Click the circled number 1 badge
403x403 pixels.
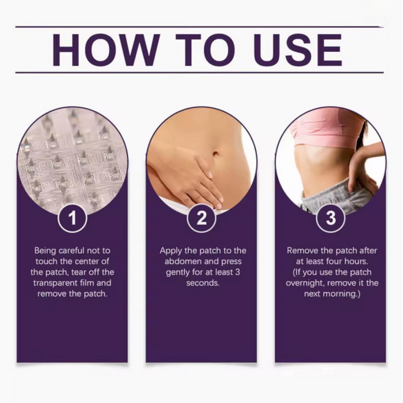pos(72,218)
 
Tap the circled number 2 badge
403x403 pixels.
pos(201,218)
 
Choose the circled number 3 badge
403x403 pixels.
pos(331,218)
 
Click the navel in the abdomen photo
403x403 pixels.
pos(216,153)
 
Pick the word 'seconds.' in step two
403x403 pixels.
pos(203,283)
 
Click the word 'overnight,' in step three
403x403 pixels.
pos(305,283)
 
